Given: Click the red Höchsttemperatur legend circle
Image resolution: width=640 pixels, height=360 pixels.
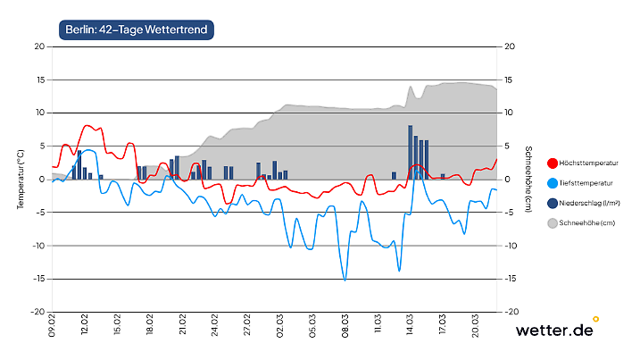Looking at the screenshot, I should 552,163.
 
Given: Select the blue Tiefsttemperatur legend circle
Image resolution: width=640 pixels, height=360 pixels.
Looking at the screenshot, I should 552,183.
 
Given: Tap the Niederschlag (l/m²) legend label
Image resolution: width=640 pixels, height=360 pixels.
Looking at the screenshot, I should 592,203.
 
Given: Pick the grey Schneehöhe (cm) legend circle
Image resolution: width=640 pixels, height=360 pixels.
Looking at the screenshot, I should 552,223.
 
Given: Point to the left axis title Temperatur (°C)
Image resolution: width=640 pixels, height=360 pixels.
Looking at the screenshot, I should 20,179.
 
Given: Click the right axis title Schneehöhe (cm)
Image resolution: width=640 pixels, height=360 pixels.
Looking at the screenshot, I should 528,179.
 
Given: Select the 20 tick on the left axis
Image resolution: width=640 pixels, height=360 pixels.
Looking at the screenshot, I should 40,46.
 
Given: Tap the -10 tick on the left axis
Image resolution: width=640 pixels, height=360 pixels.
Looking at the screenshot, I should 38,246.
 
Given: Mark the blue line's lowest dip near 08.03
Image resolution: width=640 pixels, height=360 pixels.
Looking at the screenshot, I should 345,280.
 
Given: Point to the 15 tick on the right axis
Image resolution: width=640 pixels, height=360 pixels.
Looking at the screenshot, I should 509,80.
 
